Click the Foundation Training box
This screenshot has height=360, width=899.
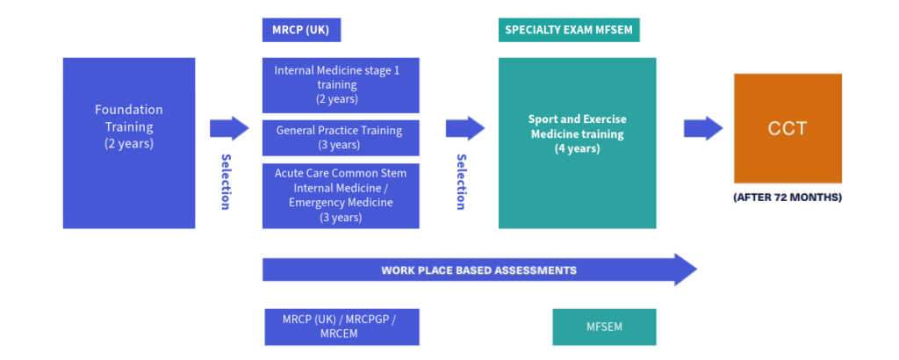pos(129,143)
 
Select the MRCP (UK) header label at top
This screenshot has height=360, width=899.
pos(301,30)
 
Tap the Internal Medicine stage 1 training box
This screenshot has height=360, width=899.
pos(341,85)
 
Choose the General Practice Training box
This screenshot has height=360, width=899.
pos(341,137)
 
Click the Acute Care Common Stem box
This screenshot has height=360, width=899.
pos(341,195)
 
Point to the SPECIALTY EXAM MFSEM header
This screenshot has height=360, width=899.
pos(568,30)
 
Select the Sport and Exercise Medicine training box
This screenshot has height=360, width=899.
pos(577,143)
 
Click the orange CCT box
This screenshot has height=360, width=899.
pos(788,128)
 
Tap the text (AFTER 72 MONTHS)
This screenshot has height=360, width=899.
pos(788,198)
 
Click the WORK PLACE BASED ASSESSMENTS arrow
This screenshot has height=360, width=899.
pos(478,270)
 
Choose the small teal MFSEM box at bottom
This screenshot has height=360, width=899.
pos(604,327)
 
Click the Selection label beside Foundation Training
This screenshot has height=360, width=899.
pos(226,182)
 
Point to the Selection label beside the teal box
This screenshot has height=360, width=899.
pos(460,182)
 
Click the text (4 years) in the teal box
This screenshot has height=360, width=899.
pos(577,148)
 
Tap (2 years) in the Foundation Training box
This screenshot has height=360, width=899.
pos(129,143)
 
